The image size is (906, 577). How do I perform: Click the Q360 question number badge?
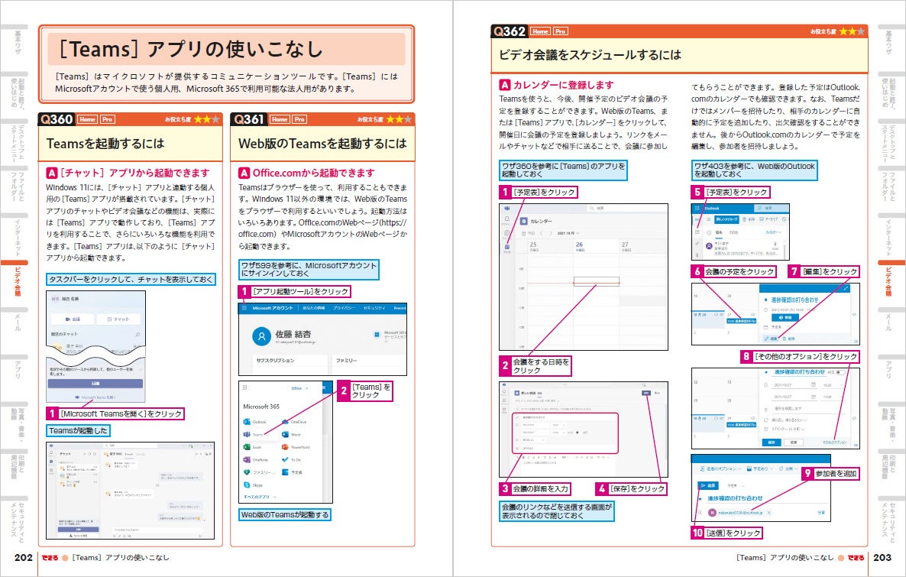(x=57, y=119)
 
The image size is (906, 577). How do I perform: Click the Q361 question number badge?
(x=249, y=119)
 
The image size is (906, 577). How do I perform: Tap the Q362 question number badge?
(x=510, y=31)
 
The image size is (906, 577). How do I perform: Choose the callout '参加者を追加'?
(x=836, y=474)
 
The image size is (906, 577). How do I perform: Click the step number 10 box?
(x=697, y=533)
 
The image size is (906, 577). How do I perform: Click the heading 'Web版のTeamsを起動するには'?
(x=322, y=144)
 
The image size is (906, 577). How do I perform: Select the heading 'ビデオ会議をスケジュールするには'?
(x=589, y=55)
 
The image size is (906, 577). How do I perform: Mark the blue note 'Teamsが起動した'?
(x=79, y=431)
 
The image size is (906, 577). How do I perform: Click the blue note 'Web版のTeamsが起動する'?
(x=284, y=515)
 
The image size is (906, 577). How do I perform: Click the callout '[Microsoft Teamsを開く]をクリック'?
(x=121, y=413)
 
